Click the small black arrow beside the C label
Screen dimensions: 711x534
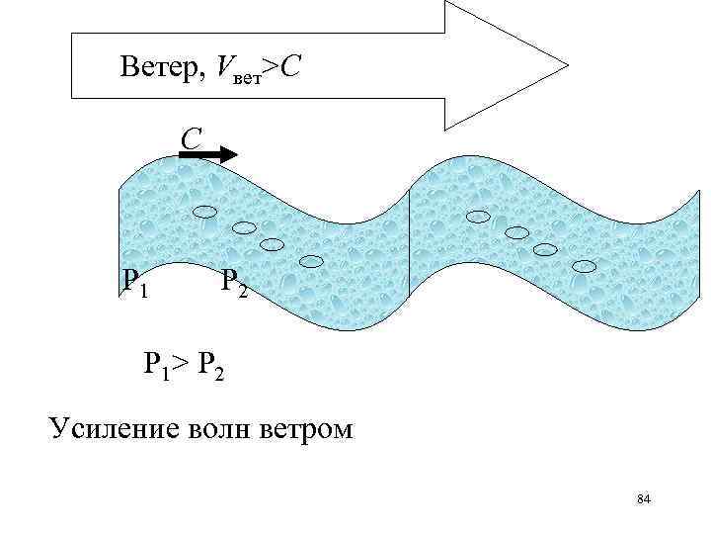tap(209, 154)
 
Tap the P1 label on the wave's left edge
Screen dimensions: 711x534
tap(135, 284)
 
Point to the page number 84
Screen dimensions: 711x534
tap(644, 498)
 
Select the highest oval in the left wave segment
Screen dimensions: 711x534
tap(205, 211)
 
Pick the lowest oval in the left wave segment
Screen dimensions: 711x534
tap(311, 261)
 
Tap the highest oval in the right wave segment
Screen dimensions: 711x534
tap(478, 217)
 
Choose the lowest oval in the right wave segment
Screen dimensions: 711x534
tap(585, 265)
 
